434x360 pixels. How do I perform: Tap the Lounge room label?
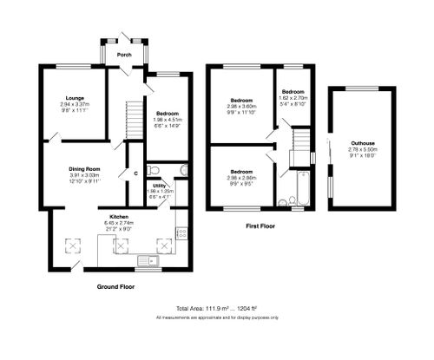(72, 98)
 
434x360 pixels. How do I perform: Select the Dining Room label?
(86, 168)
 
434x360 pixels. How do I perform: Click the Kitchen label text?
(120, 215)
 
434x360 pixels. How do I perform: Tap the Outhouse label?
(363, 142)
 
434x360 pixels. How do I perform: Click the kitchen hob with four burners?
(182, 232)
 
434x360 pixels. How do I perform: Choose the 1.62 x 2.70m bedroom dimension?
(293, 98)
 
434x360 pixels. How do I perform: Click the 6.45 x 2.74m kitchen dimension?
(120, 222)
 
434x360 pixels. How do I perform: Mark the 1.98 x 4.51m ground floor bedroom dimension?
(168, 121)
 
